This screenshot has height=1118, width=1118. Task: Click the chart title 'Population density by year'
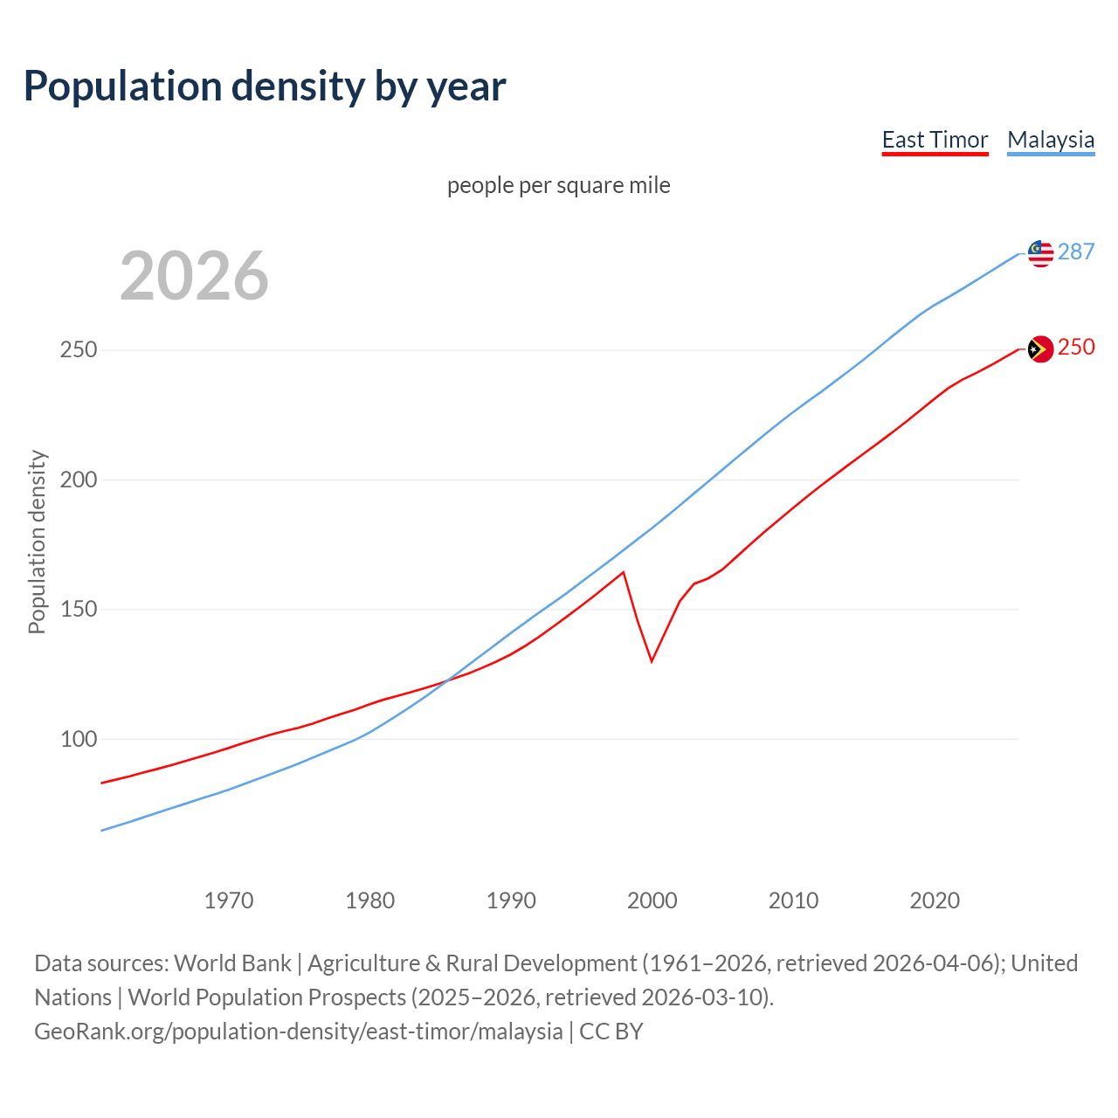point(265,86)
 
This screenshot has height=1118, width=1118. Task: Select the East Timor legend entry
point(935,140)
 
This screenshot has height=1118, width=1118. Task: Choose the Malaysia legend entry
point(1050,140)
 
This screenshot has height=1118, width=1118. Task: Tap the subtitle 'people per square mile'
point(558,185)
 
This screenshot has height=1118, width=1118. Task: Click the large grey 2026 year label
point(194,276)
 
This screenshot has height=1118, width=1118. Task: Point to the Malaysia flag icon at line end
point(1039,253)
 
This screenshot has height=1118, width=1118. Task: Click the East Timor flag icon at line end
point(1039,349)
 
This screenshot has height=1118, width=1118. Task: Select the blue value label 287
point(1076,252)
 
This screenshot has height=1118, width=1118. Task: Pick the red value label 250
point(1076,347)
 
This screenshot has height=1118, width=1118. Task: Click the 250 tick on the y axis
point(78,350)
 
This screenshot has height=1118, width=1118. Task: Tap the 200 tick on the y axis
point(78,480)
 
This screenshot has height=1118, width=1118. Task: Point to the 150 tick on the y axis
point(78,609)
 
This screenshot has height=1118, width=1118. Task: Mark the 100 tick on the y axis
point(78,739)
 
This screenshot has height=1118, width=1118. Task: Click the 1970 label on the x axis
point(229,900)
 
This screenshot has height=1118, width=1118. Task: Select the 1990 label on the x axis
point(511,900)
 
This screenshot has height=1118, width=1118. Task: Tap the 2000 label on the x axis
point(652,900)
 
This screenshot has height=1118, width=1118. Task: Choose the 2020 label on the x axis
point(935,900)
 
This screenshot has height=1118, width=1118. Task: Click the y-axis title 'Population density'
point(37,542)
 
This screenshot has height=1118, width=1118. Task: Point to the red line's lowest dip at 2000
point(652,661)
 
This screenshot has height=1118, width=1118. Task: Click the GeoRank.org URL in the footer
point(299,1032)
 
